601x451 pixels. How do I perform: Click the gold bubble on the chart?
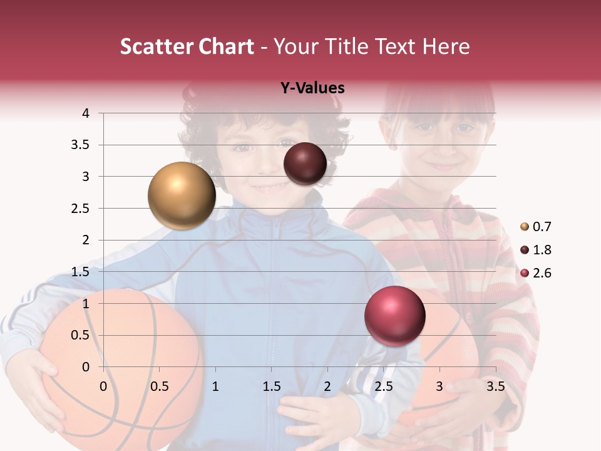coord(182,195)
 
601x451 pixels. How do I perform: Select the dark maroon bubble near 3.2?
coord(305,163)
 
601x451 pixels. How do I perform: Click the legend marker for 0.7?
coord(525,227)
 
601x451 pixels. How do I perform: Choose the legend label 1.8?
coord(542,250)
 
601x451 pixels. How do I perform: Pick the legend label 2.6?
coord(542,273)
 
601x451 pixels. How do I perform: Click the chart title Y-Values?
coord(312,88)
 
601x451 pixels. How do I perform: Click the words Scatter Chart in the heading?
coord(187,46)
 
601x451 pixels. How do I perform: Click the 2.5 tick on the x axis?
coord(383,386)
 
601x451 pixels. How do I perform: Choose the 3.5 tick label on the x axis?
coord(495,386)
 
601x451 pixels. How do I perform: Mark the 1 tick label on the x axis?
coord(215,386)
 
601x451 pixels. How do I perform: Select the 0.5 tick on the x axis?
coord(160,386)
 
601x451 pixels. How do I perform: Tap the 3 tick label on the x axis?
coord(439,386)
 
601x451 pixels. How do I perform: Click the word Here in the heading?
coord(446,46)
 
